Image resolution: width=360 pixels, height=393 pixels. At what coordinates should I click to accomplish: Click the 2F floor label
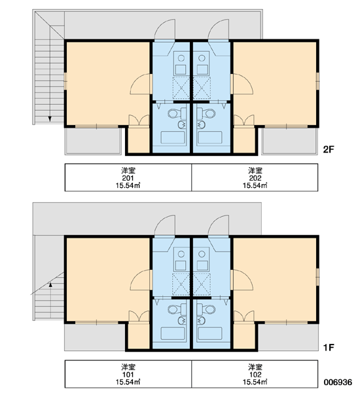tap(329, 149)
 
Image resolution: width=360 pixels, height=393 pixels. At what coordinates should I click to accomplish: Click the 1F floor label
tap(329, 347)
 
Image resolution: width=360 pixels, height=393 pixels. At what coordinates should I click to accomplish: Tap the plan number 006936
tap(338, 383)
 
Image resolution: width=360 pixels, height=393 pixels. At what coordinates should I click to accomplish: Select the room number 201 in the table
tap(128, 178)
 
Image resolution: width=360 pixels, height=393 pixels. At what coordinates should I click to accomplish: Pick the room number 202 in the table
tap(255, 178)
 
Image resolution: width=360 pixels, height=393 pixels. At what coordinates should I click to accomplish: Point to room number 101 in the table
tap(128, 375)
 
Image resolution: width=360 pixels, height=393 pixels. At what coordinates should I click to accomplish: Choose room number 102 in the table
tap(255, 375)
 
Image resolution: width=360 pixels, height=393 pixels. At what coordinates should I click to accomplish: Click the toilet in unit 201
tap(177, 113)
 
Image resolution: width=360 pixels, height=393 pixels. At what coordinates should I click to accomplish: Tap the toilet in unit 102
tap(206, 310)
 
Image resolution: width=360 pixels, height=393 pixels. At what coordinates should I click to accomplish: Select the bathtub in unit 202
tap(209, 137)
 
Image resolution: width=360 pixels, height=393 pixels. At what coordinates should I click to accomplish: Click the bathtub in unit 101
tap(173, 333)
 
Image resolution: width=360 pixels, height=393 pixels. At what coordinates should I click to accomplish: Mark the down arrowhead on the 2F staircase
tap(50, 119)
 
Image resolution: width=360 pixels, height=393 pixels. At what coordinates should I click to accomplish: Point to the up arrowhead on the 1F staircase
tap(50, 284)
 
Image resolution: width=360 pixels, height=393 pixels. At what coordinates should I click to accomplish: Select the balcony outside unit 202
tap(289, 141)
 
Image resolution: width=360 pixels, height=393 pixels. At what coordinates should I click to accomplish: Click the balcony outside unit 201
tap(93, 141)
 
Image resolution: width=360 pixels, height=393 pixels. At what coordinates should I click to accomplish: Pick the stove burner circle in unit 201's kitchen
tap(181, 58)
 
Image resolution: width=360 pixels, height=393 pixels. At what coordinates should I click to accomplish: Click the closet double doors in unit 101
tap(139, 316)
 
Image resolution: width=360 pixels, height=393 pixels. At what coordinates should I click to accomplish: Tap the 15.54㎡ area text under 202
tap(255, 185)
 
